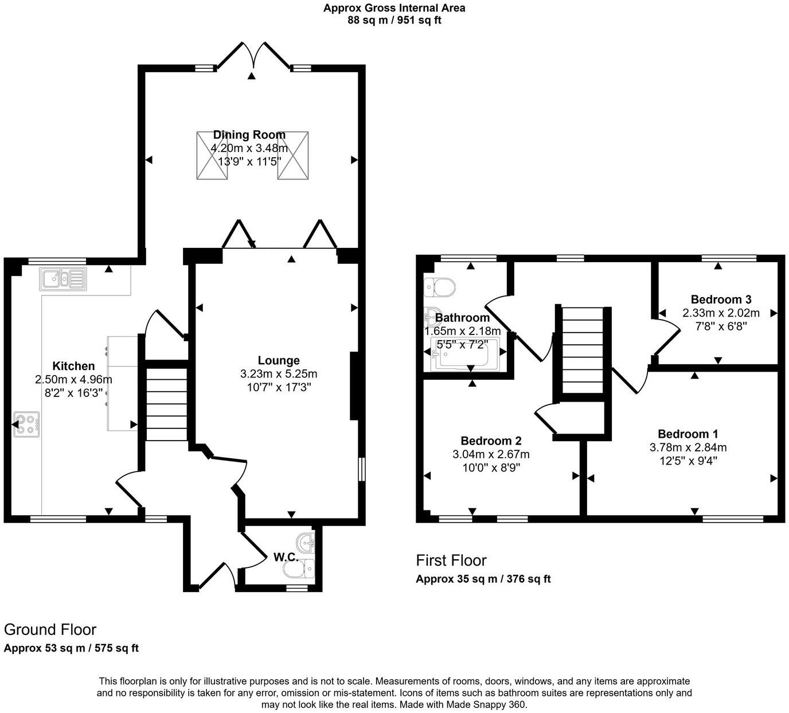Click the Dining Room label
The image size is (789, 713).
[x=249, y=135]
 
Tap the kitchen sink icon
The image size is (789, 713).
[x=63, y=279]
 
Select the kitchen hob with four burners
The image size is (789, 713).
[x=27, y=424]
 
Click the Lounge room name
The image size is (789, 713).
[x=279, y=360]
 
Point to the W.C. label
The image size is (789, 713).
[x=286, y=557]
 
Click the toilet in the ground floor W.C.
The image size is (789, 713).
[x=299, y=568]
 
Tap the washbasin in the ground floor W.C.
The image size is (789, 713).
[x=306, y=543]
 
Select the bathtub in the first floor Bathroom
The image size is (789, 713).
[x=465, y=354]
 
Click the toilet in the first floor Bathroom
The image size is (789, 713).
[x=440, y=287]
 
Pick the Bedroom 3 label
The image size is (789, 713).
[x=721, y=299]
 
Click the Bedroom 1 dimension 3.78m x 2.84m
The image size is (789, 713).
[x=688, y=447]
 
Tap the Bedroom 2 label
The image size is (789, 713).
[x=491, y=441]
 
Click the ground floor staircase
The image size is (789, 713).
[x=167, y=404]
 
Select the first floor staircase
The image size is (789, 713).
[x=583, y=350]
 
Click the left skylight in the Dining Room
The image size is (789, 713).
[x=212, y=156]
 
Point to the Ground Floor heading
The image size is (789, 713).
[x=50, y=630]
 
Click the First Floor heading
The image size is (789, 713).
[x=451, y=560]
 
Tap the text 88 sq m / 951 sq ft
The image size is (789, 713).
[x=394, y=20]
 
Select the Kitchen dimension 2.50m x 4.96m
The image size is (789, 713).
[x=73, y=379]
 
